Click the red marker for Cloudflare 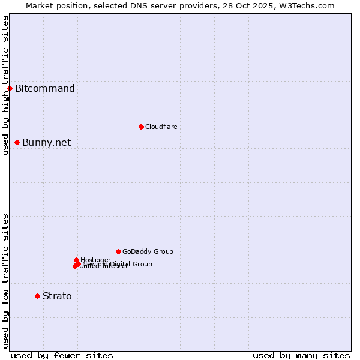[141, 127]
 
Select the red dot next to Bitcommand [10, 89]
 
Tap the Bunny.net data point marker [17, 142]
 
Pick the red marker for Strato [37, 296]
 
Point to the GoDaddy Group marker [118, 251]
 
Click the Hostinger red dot [76, 260]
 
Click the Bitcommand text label [45, 89]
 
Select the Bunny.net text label [46, 142]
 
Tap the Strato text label [57, 296]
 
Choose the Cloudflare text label [161, 127]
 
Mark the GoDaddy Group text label [148, 251]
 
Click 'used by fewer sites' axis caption [62, 355]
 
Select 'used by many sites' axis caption [301, 355]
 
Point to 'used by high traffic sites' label [5, 85]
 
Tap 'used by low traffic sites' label [5, 281]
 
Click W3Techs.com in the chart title [309, 5]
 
